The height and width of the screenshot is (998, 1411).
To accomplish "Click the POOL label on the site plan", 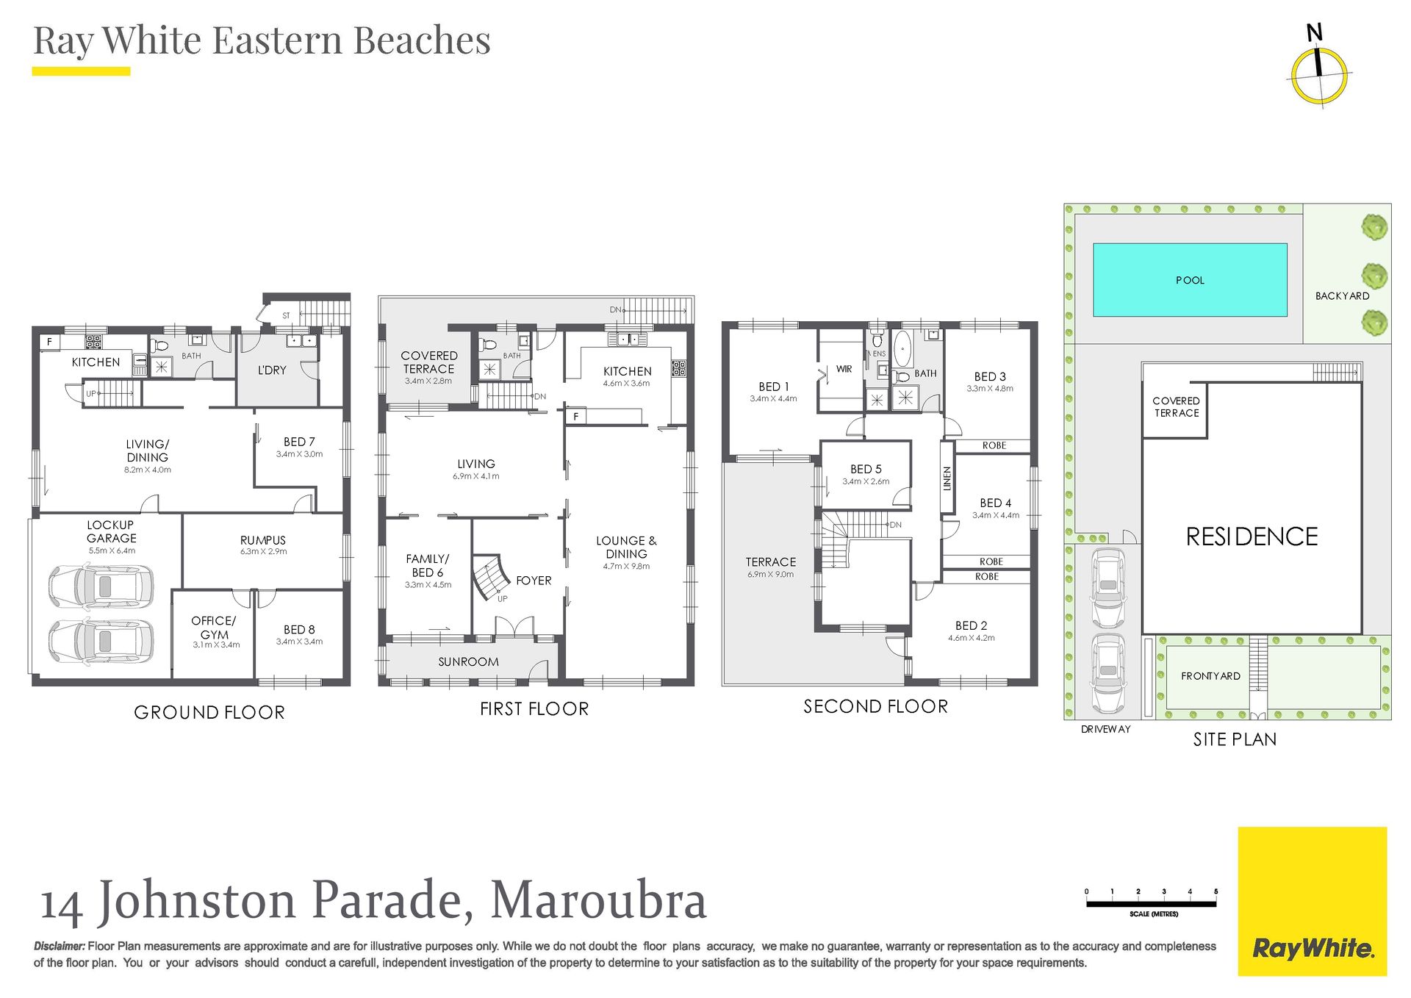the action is point(1190,280).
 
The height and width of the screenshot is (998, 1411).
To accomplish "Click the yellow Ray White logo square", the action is point(1312,901).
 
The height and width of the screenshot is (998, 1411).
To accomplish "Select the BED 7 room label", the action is point(299,442).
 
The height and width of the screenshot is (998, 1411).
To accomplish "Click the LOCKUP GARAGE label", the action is point(111,531).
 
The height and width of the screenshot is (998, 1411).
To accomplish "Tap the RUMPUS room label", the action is point(263,540).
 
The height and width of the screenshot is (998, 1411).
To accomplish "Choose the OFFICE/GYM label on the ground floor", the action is point(215,628).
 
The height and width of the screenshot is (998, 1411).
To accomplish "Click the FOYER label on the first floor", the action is point(534,581).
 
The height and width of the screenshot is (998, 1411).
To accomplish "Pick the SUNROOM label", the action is point(468,662).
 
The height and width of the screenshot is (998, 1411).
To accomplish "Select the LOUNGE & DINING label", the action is point(626,548).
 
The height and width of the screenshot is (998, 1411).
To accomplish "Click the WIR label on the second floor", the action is point(844,369).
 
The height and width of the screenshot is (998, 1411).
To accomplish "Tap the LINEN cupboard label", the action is point(947,478).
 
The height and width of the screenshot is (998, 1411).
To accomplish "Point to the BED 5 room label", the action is point(866,469).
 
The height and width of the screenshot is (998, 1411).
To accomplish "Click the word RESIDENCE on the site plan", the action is point(1252,536).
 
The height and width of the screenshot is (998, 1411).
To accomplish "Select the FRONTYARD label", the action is point(1210,676).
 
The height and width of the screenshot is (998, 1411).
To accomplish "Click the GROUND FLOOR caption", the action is point(209,712).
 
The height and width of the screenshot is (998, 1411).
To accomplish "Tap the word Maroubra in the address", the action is point(598,900).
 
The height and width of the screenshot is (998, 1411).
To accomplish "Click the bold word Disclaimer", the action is point(60,947).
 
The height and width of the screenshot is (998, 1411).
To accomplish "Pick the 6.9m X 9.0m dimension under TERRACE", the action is point(770,575).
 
